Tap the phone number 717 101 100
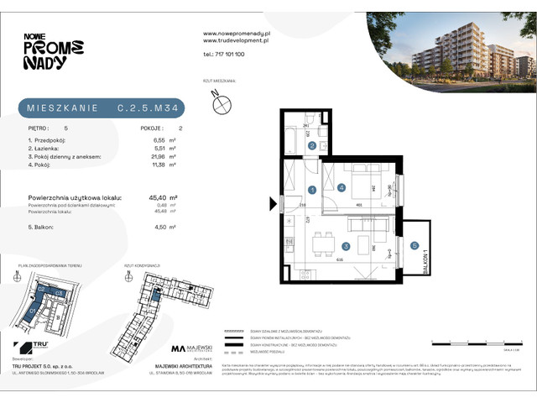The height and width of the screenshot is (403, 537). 223,54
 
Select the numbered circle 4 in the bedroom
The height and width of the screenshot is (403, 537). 341,187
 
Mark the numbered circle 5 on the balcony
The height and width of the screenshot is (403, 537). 414,245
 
